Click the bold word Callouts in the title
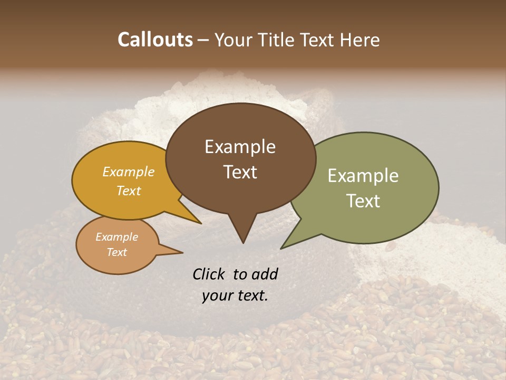tap(155, 40)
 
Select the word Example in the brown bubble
tap(240, 147)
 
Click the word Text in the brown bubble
tap(240, 172)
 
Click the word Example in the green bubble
tap(363, 176)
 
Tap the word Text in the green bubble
tap(363, 201)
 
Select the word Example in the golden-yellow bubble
tap(129, 172)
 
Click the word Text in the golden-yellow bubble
tap(129, 191)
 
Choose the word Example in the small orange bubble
tap(116, 237)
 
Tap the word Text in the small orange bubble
tap(116, 252)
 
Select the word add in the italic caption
tap(265, 274)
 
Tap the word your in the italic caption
tap(218, 296)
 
